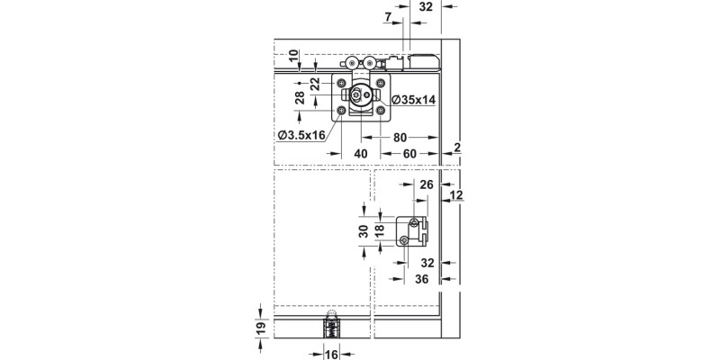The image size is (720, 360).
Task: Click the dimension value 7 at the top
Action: coord(387,17)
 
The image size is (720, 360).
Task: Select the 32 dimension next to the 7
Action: coord(427,5)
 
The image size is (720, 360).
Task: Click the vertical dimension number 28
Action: coord(299,96)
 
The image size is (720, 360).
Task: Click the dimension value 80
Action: coord(401,137)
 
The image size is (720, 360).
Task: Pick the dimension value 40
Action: coord(360,154)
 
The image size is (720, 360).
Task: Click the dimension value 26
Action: coord(427,184)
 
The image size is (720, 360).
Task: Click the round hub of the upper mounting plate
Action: coord(360,96)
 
